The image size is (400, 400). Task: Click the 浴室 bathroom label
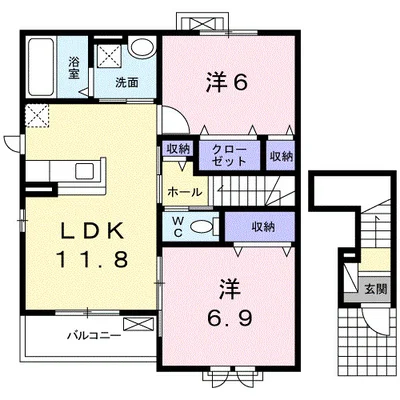[x=73, y=66]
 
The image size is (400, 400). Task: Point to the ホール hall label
[x=184, y=191]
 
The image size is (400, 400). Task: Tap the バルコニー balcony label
[x=94, y=335]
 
